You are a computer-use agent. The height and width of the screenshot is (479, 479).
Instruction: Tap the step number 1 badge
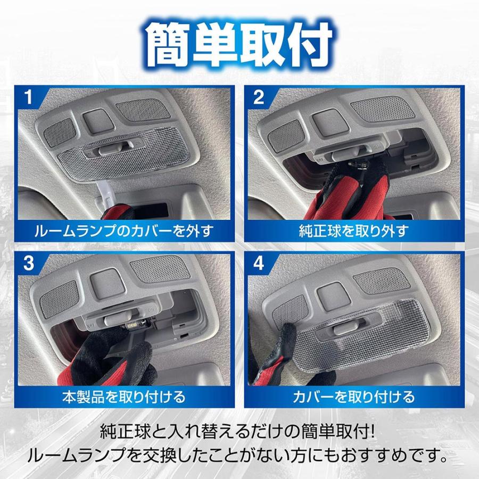30,97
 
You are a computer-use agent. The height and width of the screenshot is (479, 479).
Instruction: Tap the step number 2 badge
259,97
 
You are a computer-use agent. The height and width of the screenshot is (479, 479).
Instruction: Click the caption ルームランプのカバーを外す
124,230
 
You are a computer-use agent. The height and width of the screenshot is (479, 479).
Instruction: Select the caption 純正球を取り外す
353,230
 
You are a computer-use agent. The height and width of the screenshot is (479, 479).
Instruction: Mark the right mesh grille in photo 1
142,110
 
